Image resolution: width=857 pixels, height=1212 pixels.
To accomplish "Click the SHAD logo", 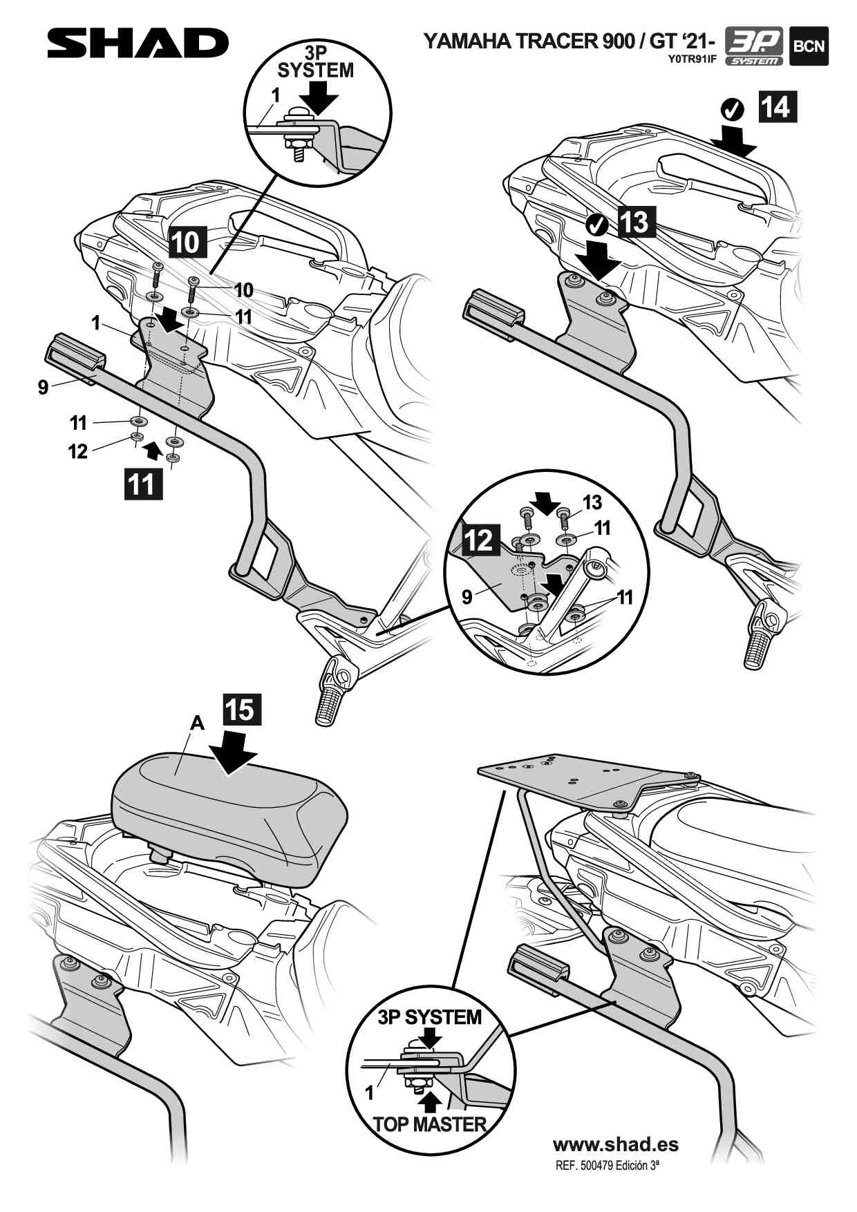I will point(137,44).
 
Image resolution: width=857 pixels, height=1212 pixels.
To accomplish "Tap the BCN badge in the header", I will point(809,47).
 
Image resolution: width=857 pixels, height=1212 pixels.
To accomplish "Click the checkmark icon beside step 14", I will point(731,108).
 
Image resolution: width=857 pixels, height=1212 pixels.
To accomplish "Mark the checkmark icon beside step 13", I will point(596,224).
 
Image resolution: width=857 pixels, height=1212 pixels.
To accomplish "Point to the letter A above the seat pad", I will point(197,723).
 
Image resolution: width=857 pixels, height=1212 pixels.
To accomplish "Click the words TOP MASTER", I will point(430,1124).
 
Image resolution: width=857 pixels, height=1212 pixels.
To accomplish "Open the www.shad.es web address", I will point(616,1144).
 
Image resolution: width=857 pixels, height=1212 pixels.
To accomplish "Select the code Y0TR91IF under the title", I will point(692,59).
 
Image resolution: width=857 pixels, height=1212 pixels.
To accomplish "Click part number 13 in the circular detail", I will point(592,502).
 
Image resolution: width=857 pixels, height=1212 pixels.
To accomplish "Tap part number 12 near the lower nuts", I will point(78,451).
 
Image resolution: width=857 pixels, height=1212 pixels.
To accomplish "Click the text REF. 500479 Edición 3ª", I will point(607,1165).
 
